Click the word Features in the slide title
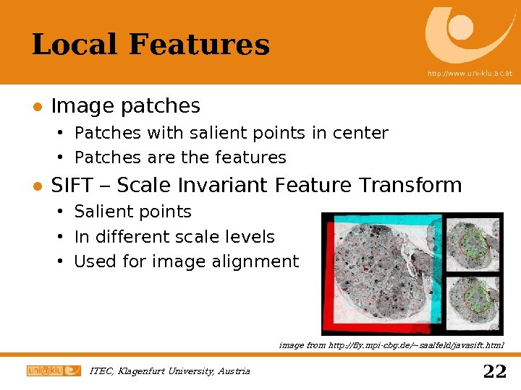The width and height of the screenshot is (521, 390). [199, 45]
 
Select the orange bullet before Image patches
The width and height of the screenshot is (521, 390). [37, 107]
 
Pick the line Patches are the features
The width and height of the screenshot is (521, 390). [180, 157]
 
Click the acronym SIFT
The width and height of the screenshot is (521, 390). [72, 186]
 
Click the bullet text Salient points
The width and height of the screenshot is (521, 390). [133, 212]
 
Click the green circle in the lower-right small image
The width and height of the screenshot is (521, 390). [475, 298]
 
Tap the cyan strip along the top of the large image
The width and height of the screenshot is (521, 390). [384, 218]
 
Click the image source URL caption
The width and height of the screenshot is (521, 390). [391, 345]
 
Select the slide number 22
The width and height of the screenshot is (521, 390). [494, 371]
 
